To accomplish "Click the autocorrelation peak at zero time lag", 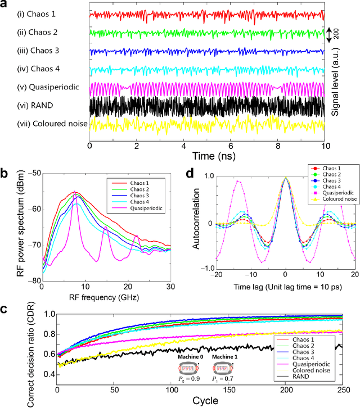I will coord(286,178).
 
